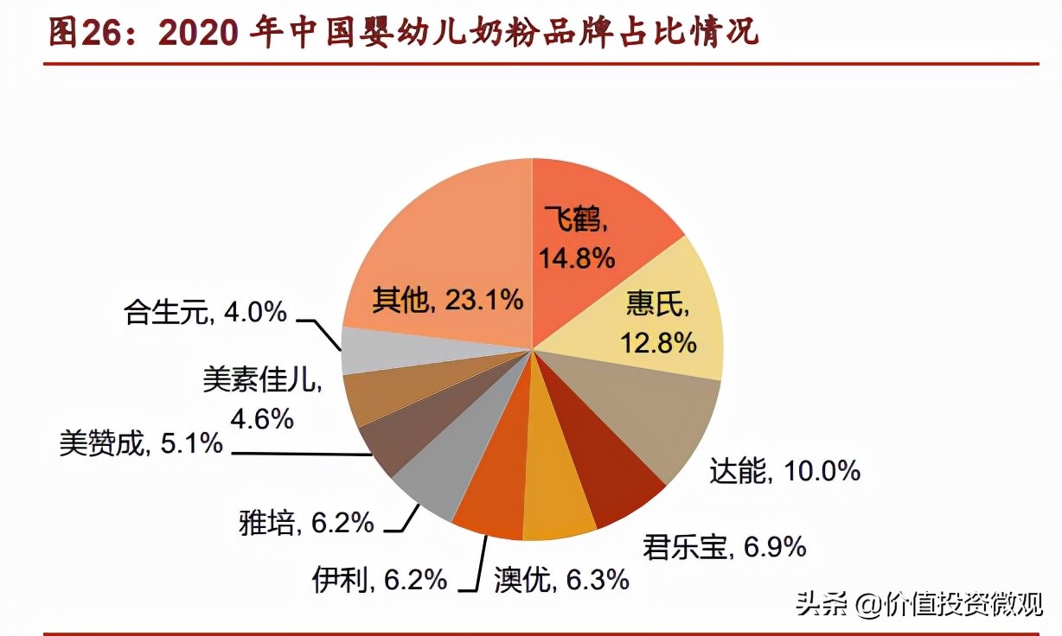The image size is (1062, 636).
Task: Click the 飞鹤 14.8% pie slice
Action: pyautogui.click(x=597, y=216)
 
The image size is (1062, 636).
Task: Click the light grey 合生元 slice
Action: pyautogui.click(x=372, y=350)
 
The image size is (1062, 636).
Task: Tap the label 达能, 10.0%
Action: pyautogui.click(x=784, y=471)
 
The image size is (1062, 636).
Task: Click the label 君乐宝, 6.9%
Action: pyautogui.click(x=725, y=547)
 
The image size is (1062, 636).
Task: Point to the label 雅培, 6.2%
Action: pyautogui.click(x=306, y=522)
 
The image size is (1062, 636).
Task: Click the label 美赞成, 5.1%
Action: pyautogui.click(x=141, y=445)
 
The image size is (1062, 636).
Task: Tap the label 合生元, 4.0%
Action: pyautogui.click(x=205, y=311)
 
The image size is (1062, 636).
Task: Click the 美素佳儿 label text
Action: pyautogui.click(x=262, y=381)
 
